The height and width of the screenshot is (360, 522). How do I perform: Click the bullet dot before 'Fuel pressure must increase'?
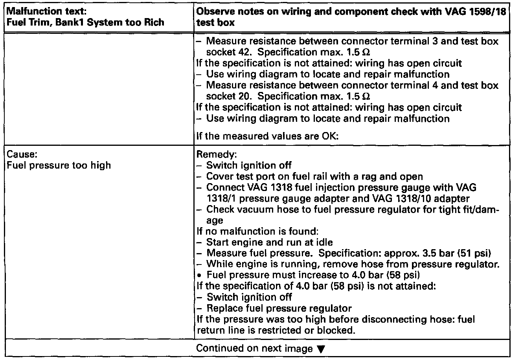(x=201, y=275)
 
